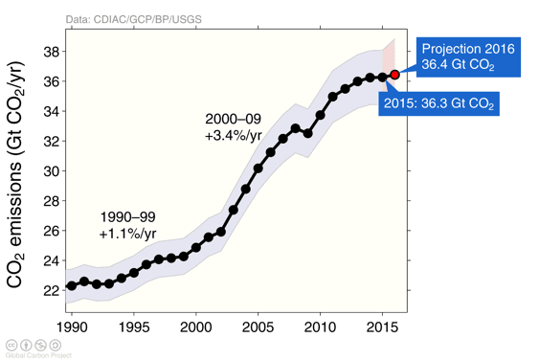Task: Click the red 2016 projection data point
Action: (394, 75)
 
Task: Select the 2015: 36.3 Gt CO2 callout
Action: (438, 102)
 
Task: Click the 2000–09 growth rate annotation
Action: (233, 127)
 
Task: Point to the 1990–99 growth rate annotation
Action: (127, 225)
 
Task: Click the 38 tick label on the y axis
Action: (49, 52)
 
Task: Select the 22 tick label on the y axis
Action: (49, 290)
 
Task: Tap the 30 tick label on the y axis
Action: (49, 171)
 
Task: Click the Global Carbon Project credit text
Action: (38, 354)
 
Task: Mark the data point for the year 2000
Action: (196, 248)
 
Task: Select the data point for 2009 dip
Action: (307, 133)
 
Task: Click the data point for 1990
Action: (72, 285)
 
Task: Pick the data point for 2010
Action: (320, 115)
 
